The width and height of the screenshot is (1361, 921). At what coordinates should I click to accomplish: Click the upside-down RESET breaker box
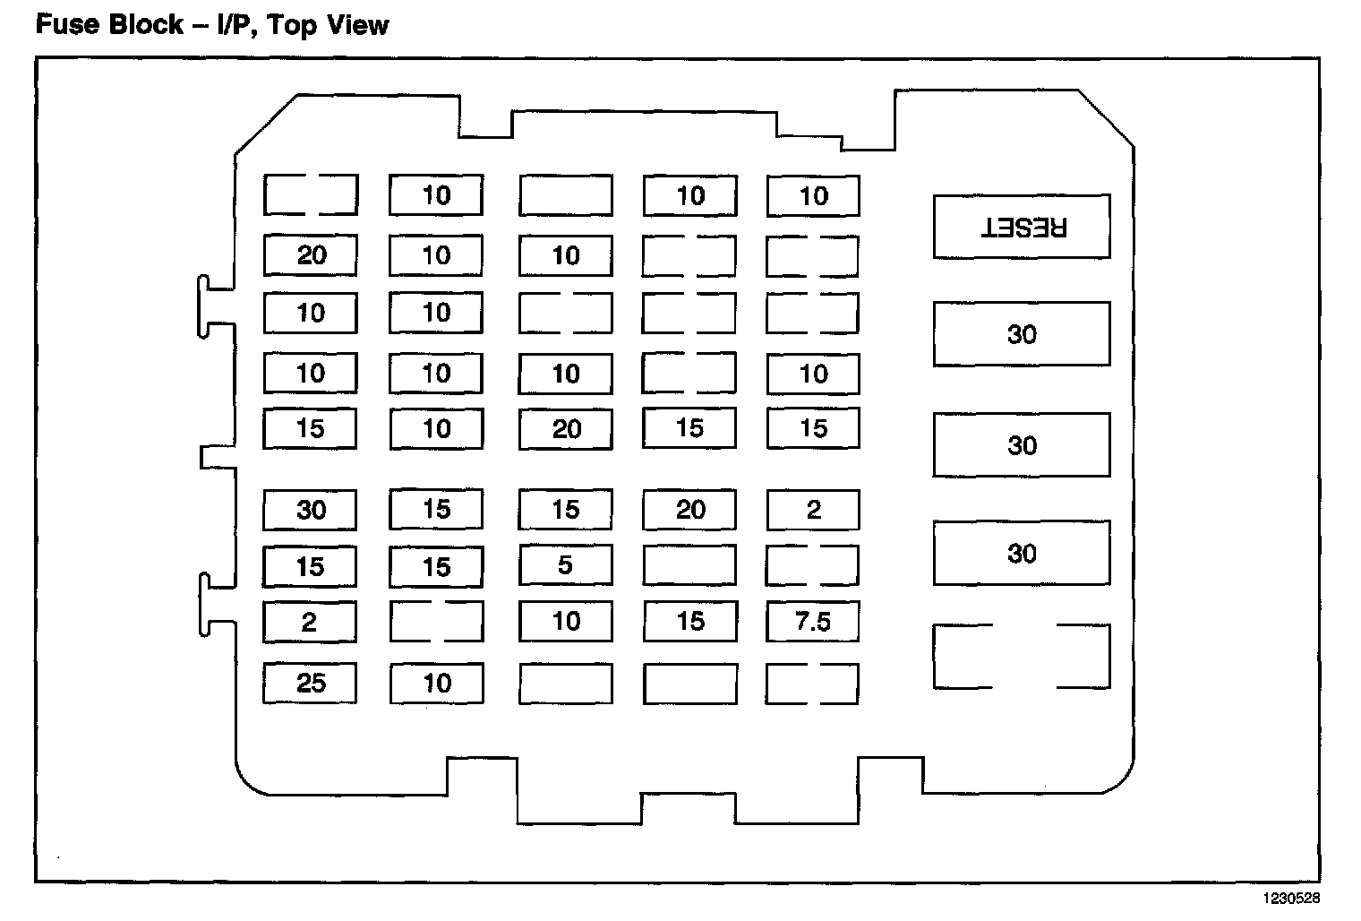[1022, 227]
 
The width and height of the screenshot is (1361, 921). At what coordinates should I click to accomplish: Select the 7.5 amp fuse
[813, 621]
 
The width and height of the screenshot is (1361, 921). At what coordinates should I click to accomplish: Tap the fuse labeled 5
[565, 565]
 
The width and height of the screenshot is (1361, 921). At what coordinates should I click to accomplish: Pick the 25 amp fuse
[310, 684]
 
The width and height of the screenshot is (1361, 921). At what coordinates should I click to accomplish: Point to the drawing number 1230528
[1291, 897]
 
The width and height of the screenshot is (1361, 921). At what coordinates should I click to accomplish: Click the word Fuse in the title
[64, 24]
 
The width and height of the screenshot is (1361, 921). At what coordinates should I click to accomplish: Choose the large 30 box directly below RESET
[1022, 334]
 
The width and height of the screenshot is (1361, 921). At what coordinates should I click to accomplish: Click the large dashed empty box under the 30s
[1022, 657]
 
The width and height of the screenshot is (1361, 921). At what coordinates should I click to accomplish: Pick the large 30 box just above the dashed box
[1022, 554]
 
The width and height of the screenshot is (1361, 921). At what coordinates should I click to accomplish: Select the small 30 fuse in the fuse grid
[310, 510]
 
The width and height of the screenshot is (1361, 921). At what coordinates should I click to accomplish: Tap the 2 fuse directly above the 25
[310, 621]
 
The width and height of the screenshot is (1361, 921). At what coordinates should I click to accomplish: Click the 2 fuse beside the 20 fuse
[813, 510]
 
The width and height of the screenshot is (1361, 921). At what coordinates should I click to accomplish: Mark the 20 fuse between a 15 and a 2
[689, 510]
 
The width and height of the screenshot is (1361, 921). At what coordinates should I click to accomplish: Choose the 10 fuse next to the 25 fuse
[436, 684]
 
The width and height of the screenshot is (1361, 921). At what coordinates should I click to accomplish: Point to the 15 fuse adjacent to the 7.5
[689, 621]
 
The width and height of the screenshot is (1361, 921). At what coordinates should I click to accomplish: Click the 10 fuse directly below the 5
[565, 621]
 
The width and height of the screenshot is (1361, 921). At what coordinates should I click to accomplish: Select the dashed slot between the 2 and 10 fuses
[436, 621]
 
